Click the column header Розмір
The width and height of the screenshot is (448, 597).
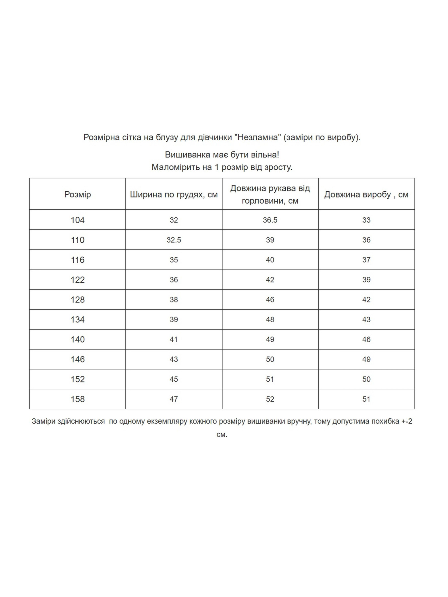(x=77, y=195)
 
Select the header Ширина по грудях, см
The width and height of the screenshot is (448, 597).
(x=174, y=195)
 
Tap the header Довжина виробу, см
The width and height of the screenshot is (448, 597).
(x=366, y=195)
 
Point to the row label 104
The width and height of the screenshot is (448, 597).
(x=77, y=220)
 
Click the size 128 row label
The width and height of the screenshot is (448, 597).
(x=77, y=300)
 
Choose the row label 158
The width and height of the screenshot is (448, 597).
(x=77, y=399)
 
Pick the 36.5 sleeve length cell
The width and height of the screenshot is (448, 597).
(x=270, y=220)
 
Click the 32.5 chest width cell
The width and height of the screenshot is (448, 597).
(x=174, y=240)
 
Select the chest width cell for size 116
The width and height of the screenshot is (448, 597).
(x=174, y=260)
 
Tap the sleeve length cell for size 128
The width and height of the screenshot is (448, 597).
(x=270, y=300)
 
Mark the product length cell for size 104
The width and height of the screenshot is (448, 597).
(x=366, y=220)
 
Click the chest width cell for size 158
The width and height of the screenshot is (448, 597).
(x=174, y=399)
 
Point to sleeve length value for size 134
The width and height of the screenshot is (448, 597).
(x=270, y=320)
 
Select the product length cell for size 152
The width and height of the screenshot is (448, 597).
(x=366, y=379)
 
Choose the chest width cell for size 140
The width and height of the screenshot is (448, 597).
(x=174, y=340)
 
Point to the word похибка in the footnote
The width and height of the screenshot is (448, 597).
(x=385, y=421)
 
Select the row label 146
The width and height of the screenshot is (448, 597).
(x=77, y=360)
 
